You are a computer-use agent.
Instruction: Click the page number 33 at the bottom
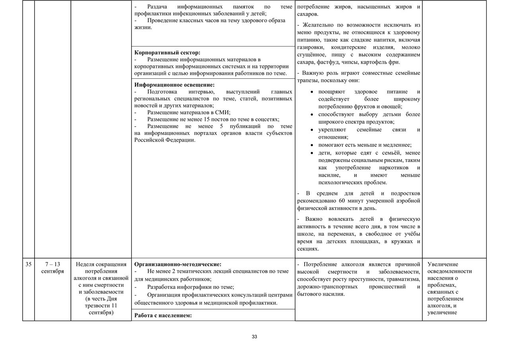254,337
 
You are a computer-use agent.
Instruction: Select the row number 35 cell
28,265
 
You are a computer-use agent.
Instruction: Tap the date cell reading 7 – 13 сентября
52,268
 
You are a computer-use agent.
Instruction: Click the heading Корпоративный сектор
167,53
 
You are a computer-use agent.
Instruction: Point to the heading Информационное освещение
175,85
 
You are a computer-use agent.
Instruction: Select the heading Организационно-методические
178,264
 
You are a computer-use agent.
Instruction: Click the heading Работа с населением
163,316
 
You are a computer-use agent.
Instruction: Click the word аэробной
408,200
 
